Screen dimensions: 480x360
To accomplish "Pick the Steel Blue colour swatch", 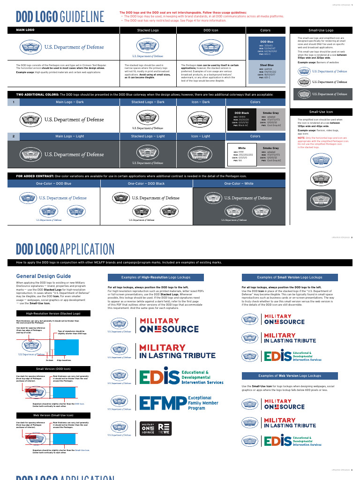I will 267,71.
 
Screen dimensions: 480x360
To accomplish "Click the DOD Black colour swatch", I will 242,119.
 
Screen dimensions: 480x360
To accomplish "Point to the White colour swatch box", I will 242,154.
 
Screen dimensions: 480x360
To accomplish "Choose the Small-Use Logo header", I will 321,30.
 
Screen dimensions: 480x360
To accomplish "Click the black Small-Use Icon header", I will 321,112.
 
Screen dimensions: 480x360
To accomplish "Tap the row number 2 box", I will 15,136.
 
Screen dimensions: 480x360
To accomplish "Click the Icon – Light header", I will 201,136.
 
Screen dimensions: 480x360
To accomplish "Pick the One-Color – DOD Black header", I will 146,184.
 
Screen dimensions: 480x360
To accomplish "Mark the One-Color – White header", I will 239,184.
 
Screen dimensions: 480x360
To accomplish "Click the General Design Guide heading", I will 44,276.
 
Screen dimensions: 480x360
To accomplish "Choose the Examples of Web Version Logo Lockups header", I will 289,376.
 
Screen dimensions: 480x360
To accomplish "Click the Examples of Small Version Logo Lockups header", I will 289,277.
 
